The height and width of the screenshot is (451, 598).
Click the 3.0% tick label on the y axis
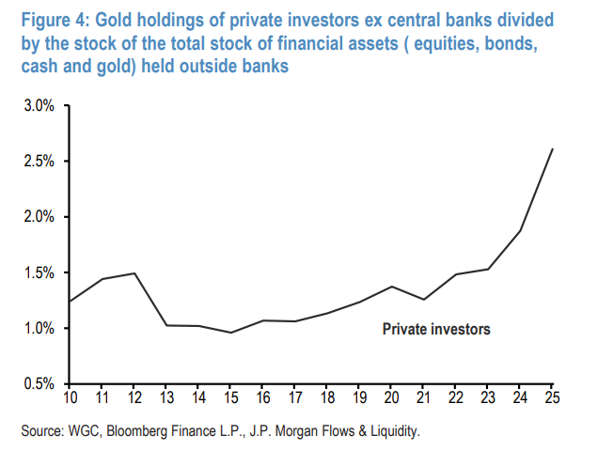pos(39,106)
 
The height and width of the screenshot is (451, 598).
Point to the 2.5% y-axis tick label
pos(39,162)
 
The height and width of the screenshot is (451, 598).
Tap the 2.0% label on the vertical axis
pos(39,217)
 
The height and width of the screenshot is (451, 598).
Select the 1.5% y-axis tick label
pos(39,272)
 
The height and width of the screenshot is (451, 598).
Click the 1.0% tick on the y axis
pos(39,329)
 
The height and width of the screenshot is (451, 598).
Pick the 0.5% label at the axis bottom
pos(39,384)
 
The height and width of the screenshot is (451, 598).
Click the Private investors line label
pos(436,330)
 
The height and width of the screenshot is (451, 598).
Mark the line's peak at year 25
pos(552,148)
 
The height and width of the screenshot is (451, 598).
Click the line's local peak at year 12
pos(134,273)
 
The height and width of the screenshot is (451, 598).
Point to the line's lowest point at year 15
pos(230,333)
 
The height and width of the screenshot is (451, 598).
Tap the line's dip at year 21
pos(423,300)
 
